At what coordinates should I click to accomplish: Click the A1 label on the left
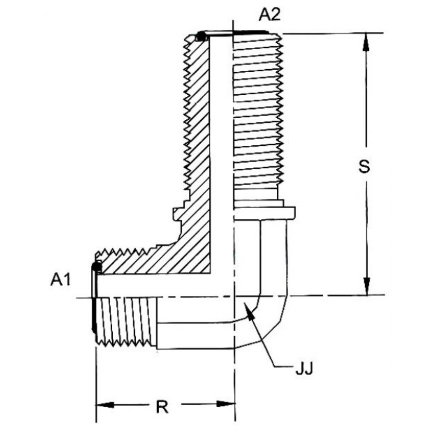tap(60, 280)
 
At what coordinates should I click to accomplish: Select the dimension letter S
tap(364, 166)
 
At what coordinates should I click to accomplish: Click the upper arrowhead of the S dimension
tap(366, 41)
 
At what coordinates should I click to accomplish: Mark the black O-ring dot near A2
tap(201, 37)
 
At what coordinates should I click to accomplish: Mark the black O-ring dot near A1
tap(96, 266)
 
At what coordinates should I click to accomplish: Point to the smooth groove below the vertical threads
tap(255, 195)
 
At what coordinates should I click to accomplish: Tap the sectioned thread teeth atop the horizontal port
tap(123, 252)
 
